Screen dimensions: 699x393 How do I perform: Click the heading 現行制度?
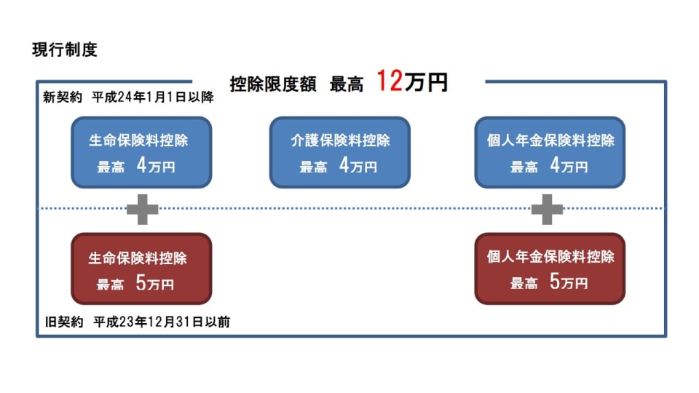click(x=65, y=50)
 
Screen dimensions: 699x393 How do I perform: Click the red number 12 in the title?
click(x=390, y=82)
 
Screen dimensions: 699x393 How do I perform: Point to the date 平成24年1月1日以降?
click(x=153, y=98)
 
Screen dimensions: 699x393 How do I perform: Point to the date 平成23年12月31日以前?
click(x=162, y=322)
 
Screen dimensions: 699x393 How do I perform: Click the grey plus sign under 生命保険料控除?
click(x=142, y=210)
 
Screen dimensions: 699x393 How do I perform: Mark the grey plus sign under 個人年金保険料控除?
click(x=547, y=210)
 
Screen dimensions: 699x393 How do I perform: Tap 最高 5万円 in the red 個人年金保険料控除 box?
click(x=548, y=283)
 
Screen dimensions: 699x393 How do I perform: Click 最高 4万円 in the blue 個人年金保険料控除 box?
click(x=548, y=167)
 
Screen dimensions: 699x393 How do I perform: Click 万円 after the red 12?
click(x=427, y=83)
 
